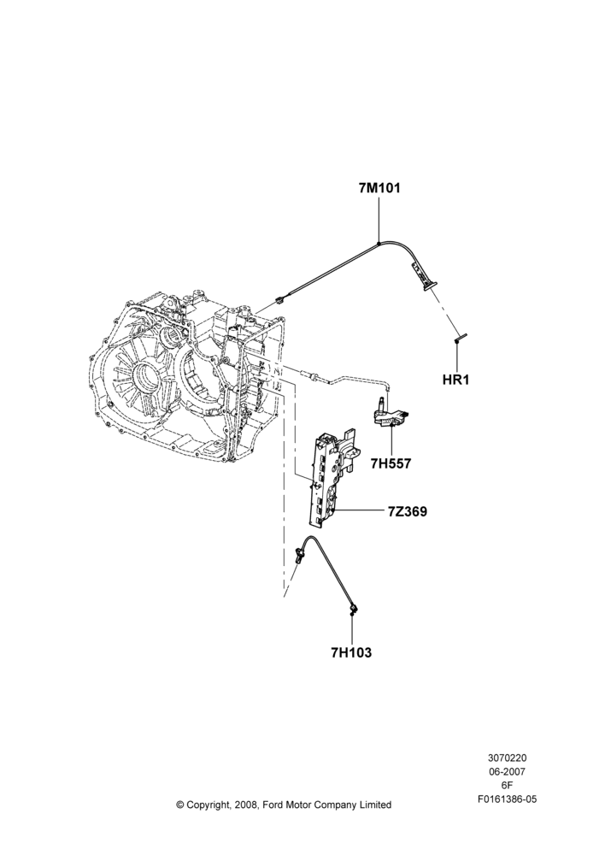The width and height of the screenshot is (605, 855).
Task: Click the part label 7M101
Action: [379, 188]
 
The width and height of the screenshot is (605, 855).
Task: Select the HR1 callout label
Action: [456, 380]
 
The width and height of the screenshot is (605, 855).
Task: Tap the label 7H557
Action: [391, 464]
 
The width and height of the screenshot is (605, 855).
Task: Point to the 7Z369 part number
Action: [407, 512]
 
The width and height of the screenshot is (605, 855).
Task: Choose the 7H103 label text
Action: [351, 652]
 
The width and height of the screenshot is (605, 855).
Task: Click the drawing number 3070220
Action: [507, 758]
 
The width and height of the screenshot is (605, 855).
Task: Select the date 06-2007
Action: [507, 771]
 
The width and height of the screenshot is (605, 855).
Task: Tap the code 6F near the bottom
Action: [507, 786]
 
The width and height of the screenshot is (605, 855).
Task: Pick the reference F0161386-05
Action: [507, 799]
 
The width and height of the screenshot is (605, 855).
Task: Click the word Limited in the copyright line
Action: [376, 805]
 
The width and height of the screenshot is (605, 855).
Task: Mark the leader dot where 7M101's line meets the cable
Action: [379, 244]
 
